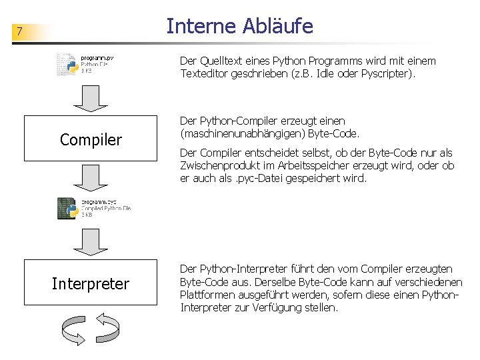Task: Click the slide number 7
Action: (20, 31)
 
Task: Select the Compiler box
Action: (91, 139)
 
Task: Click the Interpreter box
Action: (91, 284)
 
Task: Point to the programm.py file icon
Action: (68, 64)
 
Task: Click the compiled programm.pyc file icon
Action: (68, 208)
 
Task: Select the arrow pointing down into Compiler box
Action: (90, 100)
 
